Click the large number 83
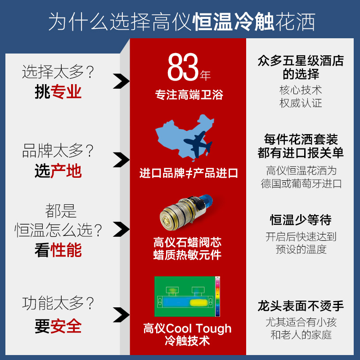tap(183, 67)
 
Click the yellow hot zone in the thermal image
tap(199, 302)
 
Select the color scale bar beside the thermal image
tap(217, 297)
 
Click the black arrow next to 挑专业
tap(121, 81)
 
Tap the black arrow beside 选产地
tap(121, 160)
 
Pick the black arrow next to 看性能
tap(121, 229)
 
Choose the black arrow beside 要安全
tap(121, 315)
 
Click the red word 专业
tap(66, 92)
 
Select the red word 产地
tap(66, 171)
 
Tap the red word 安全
tap(66, 326)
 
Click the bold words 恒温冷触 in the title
tap(233, 22)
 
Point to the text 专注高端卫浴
tap(189, 94)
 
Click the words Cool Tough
tap(198, 328)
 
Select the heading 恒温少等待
tap(301, 220)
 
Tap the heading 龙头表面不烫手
tap(301, 306)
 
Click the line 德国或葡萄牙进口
tap(301, 184)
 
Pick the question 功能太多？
tap(58, 303)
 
